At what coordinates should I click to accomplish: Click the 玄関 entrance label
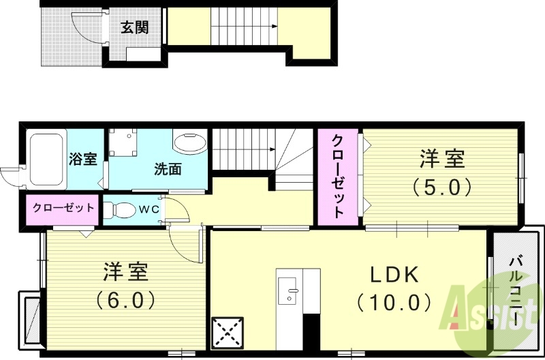pos(135,28)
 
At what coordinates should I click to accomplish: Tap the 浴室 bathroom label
pos(83,160)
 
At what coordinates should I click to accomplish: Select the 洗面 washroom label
pos(167,168)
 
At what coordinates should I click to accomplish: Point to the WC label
pos(149,210)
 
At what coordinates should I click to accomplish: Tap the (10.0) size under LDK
pos(394,301)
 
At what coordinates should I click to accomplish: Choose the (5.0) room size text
pos(442,185)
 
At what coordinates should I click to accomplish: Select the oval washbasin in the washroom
pos(189,144)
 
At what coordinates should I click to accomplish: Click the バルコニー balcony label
pos(516,290)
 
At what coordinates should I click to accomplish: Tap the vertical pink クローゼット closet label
pos(338,175)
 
